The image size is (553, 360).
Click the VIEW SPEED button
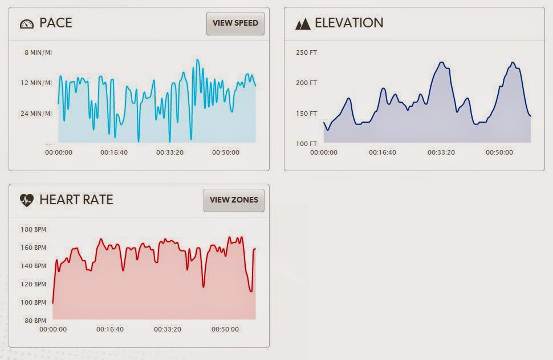point(235,23)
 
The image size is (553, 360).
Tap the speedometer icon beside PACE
point(27,24)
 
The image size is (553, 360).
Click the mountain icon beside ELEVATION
point(303,24)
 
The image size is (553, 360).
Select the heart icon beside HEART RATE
point(27,200)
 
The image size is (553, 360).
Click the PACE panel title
point(56,23)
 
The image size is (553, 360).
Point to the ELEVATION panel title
point(349,23)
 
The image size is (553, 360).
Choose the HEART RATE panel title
point(76,200)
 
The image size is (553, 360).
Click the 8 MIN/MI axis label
point(38,52)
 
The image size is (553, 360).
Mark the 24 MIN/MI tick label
point(36,114)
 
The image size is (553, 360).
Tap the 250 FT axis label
point(306,53)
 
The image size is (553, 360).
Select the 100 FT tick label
point(306,144)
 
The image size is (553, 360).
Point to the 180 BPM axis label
point(32,230)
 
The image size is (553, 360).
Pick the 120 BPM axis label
point(32,284)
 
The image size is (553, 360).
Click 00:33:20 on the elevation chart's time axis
point(441,152)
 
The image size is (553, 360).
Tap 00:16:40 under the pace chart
point(114,152)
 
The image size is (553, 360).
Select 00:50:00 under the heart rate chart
point(225,329)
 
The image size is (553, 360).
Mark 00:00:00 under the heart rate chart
point(53,329)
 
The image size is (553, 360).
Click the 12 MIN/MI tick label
point(36,83)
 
